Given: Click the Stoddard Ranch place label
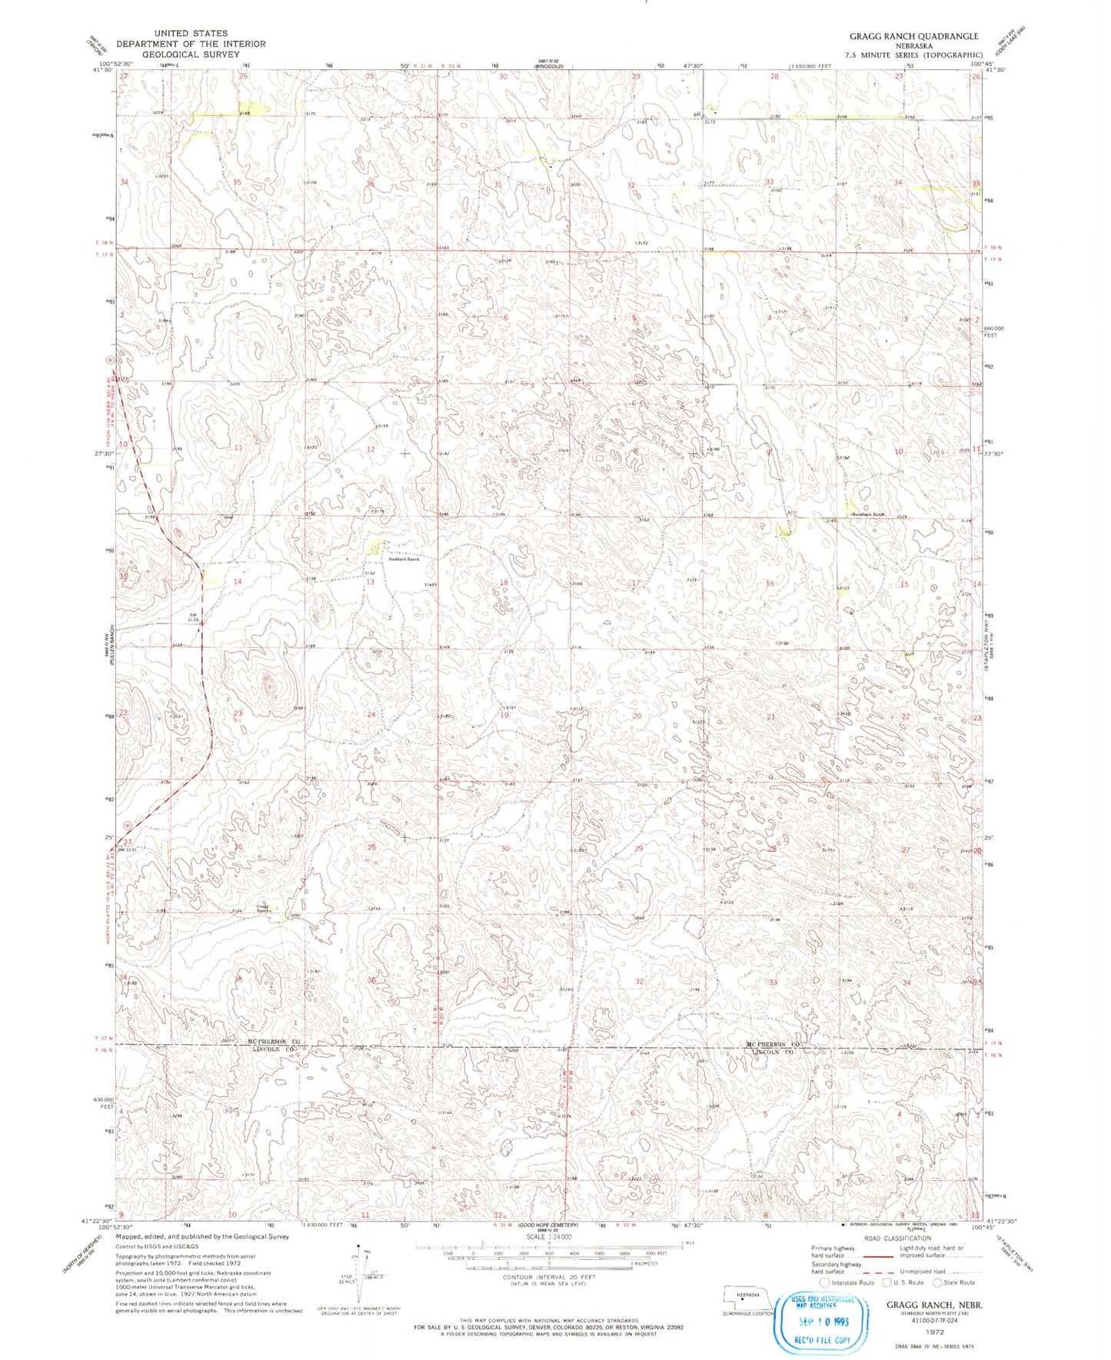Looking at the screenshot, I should click(x=401, y=559).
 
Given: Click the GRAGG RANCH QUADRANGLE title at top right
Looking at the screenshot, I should click(x=913, y=36).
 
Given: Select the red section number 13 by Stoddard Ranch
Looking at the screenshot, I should click(x=370, y=582).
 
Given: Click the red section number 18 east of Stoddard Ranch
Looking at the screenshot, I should click(x=504, y=583).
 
